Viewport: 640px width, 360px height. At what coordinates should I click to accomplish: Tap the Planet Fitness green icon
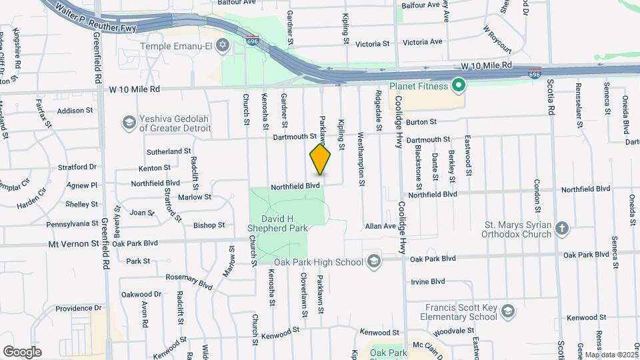pyautogui.click(x=458, y=85)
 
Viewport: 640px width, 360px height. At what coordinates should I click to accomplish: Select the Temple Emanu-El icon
pyautogui.click(x=223, y=46)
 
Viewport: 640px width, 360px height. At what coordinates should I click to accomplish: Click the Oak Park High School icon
pyautogui.click(x=373, y=261)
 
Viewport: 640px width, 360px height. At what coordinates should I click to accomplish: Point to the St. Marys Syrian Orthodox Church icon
pyautogui.click(x=562, y=229)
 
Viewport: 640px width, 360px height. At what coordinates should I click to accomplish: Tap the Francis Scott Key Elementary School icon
pyautogui.click(x=508, y=311)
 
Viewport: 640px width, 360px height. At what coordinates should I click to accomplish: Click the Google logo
pyautogui.click(x=23, y=351)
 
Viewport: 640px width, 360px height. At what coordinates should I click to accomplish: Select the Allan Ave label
pyautogui.click(x=381, y=227)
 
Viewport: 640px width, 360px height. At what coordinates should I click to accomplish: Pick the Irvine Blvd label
pyautogui.click(x=427, y=281)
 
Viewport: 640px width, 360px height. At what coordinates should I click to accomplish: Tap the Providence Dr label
pyautogui.click(x=78, y=308)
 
